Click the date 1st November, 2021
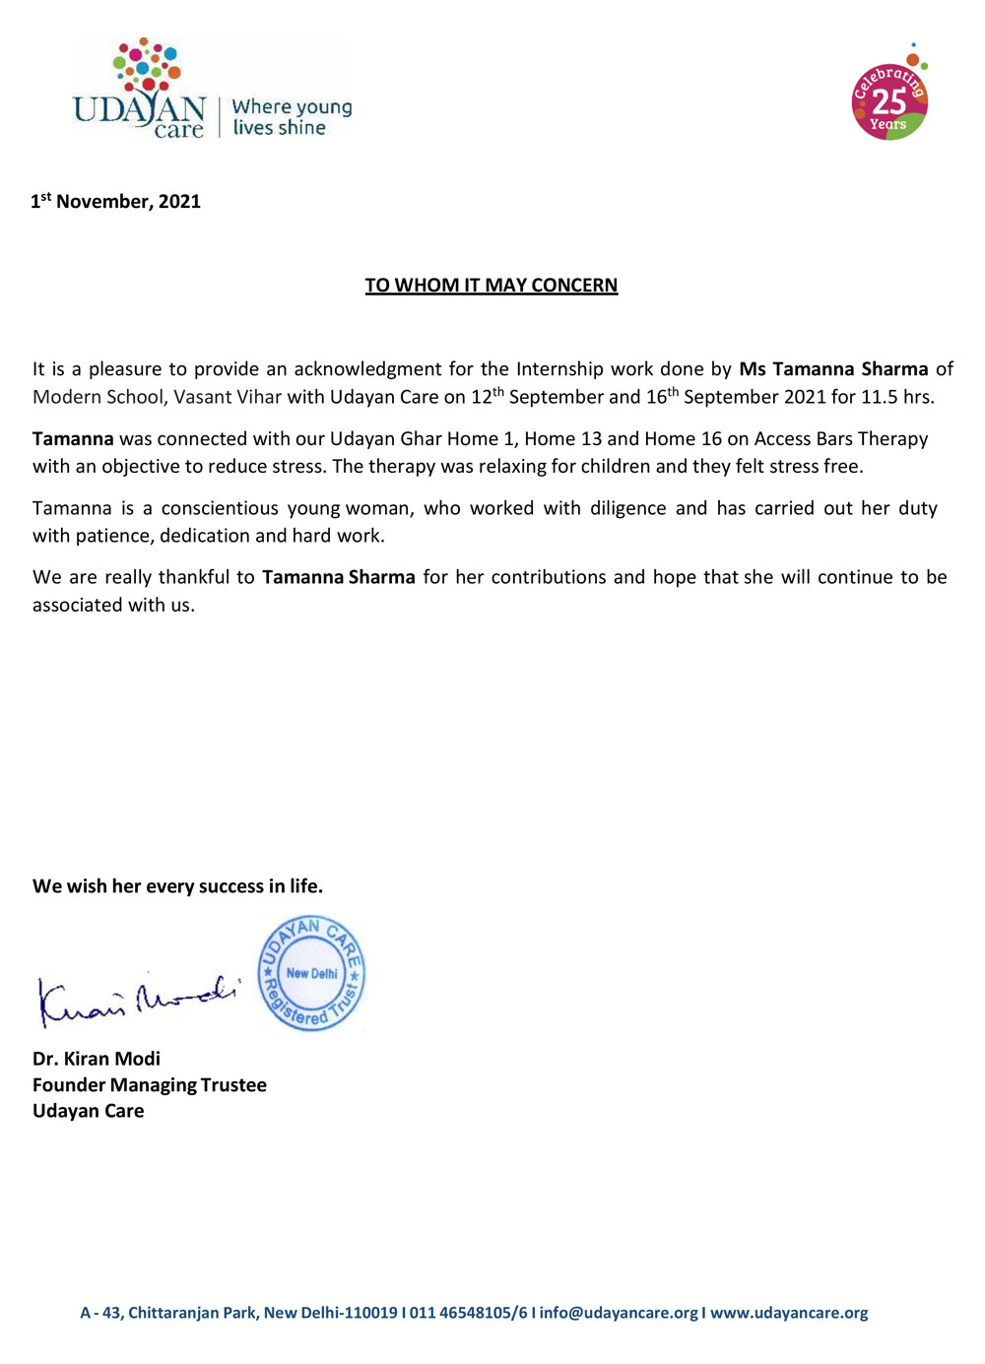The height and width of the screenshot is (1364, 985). click(116, 202)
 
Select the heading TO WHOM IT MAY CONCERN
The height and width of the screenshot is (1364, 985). click(492, 286)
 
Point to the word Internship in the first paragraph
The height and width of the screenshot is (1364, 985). click(559, 369)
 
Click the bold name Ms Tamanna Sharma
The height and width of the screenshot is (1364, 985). click(833, 369)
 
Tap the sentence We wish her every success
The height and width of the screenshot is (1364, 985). click(177, 886)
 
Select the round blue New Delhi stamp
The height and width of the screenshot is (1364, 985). click(311, 973)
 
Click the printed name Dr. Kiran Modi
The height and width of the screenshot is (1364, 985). click(97, 1059)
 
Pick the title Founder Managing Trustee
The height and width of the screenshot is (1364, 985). click(150, 1085)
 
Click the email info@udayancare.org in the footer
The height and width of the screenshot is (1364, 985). click(619, 1313)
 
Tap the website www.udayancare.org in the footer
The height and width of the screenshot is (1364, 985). click(789, 1313)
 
